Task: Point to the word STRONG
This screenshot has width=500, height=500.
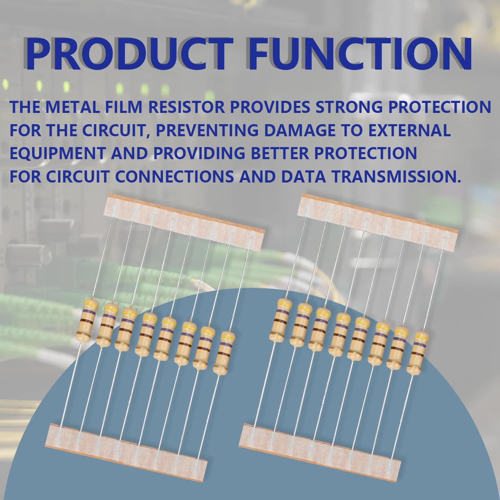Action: (x=346, y=107)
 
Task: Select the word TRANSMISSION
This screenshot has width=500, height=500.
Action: (x=393, y=176)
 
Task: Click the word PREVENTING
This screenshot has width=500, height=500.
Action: (x=207, y=130)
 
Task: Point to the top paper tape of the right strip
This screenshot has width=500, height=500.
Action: (x=377, y=223)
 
